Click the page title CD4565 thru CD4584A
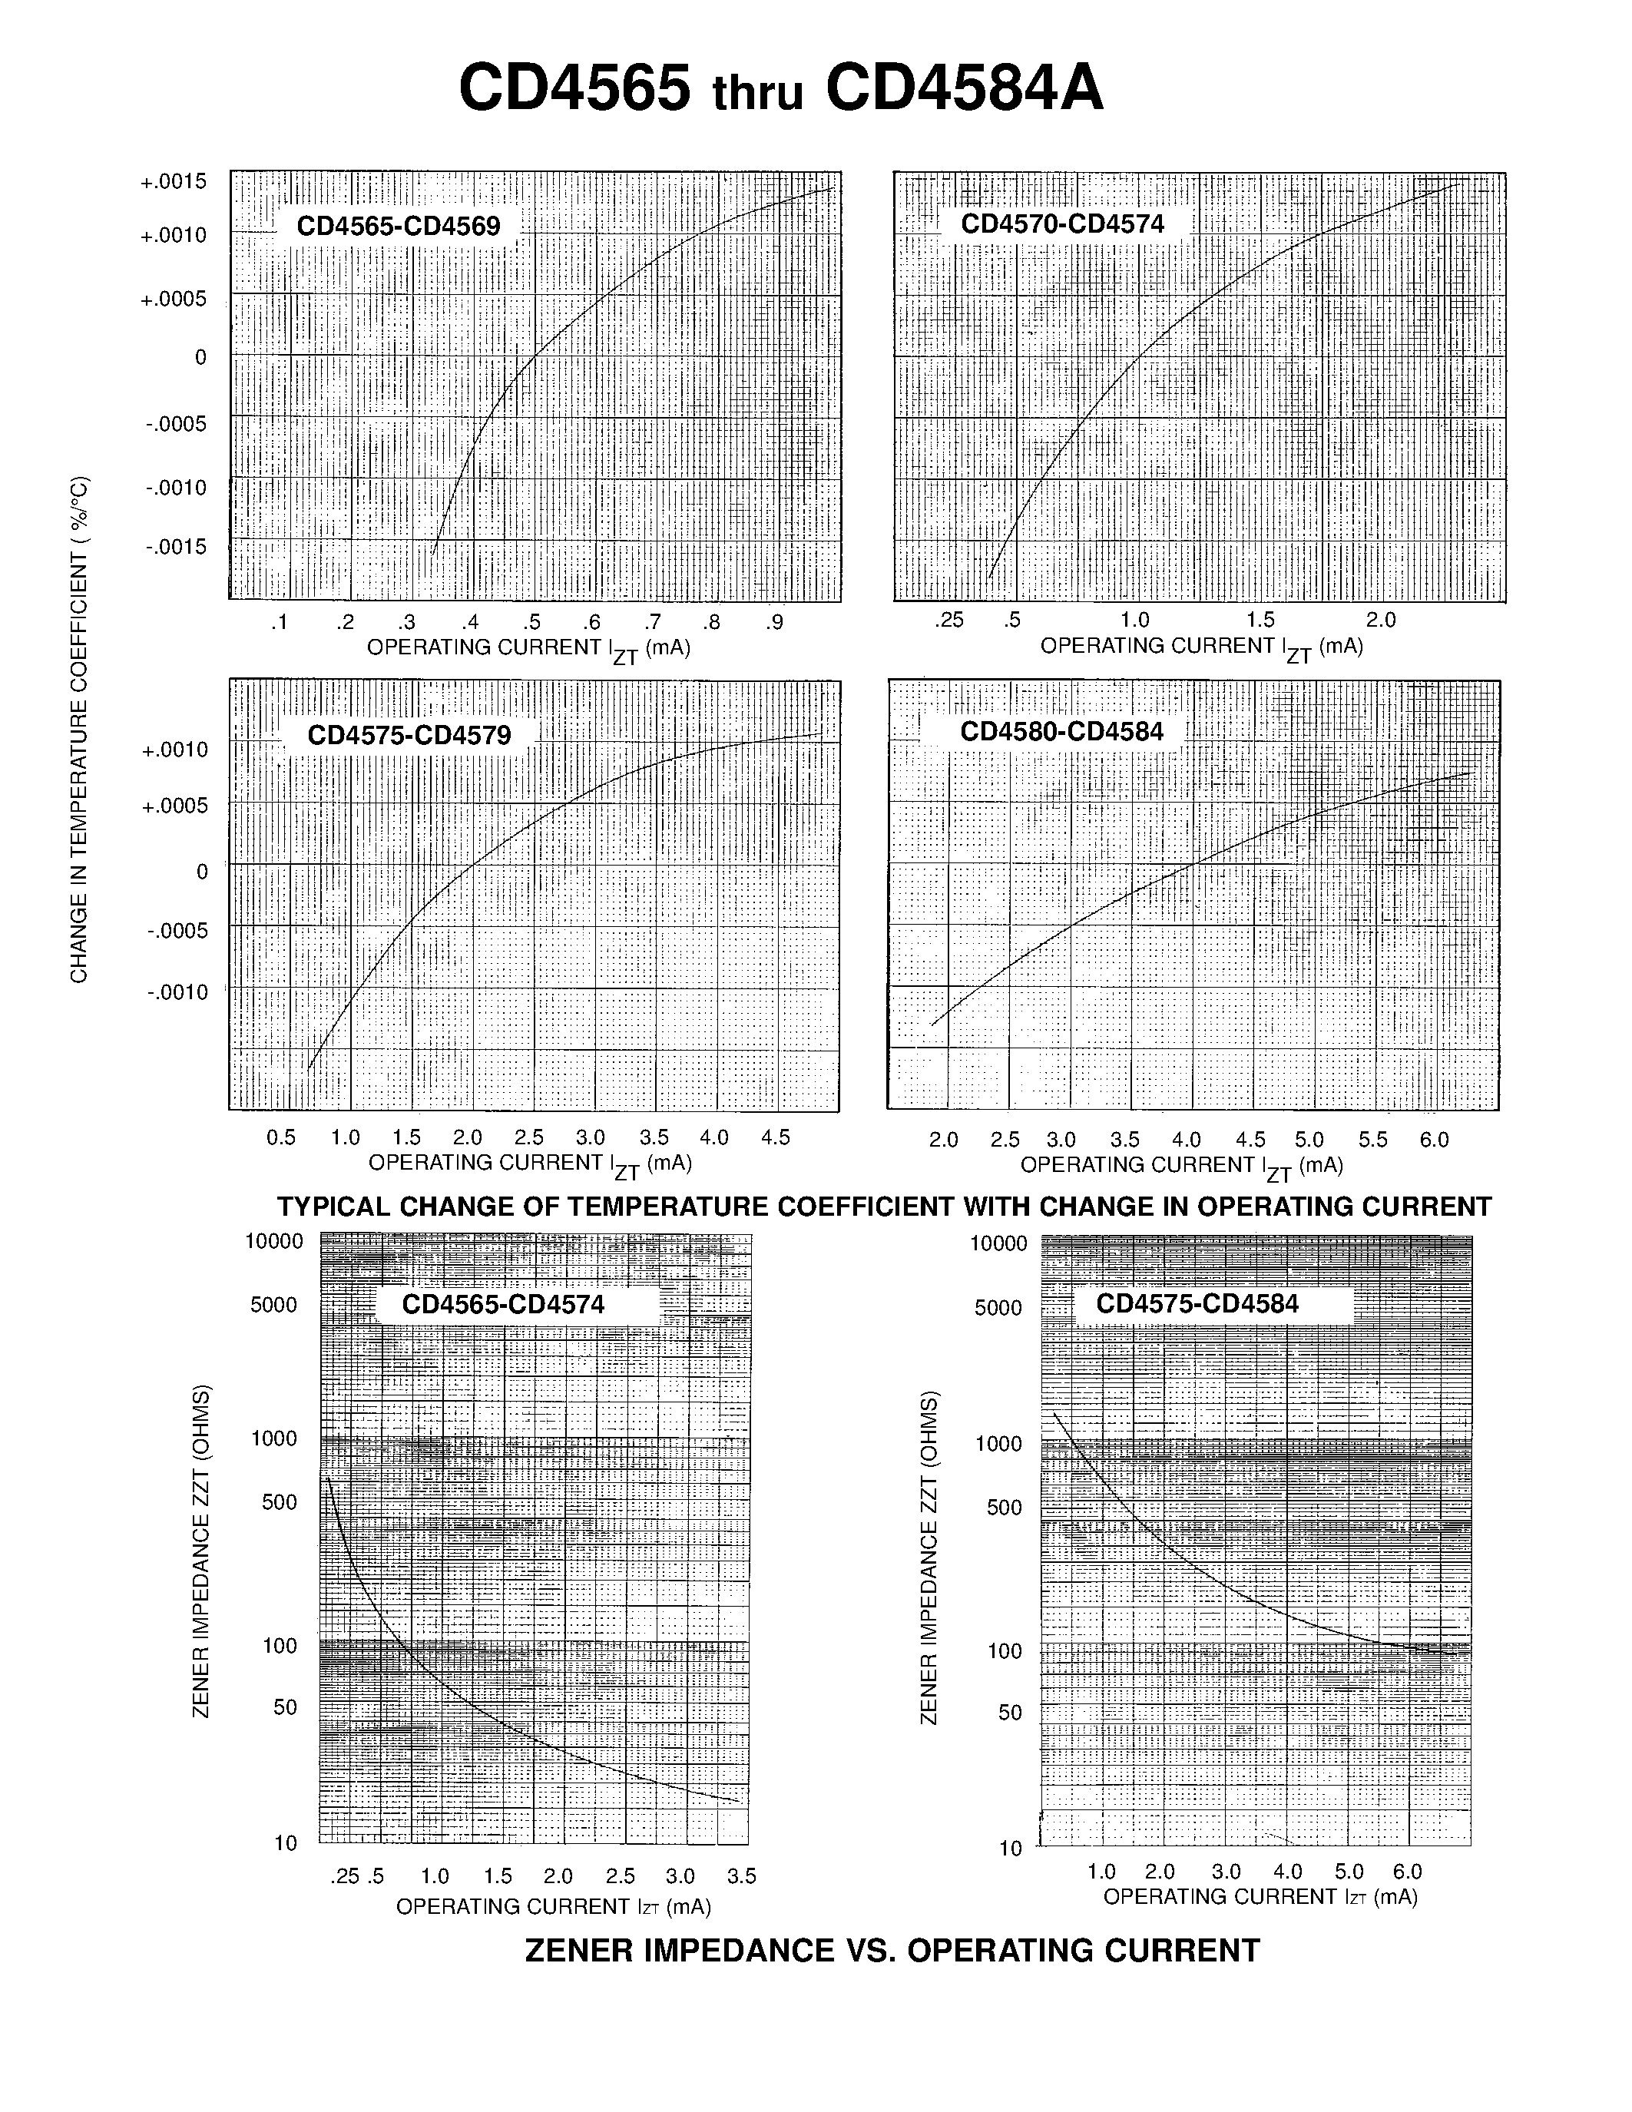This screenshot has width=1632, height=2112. (x=780, y=89)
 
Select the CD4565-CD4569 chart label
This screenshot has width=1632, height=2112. (x=399, y=227)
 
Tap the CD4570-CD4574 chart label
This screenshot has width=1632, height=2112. (x=1063, y=224)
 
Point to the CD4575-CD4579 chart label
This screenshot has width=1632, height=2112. (x=409, y=735)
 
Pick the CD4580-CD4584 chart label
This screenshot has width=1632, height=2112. (x=1061, y=732)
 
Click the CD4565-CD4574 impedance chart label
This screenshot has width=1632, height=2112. (x=503, y=1305)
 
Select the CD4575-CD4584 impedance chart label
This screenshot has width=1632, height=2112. (x=1197, y=1303)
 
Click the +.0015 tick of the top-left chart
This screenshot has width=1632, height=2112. (x=174, y=182)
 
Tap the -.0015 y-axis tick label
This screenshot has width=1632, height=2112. (x=176, y=548)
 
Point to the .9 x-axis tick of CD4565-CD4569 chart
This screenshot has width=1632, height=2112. (x=774, y=623)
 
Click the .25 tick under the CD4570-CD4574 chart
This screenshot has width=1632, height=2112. (x=949, y=620)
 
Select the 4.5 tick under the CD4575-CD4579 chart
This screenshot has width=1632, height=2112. (x=776, y=1137)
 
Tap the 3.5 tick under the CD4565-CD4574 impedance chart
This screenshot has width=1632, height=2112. (x=742, y=1876)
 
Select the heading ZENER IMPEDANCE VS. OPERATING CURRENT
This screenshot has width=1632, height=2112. (x=892, y=1949)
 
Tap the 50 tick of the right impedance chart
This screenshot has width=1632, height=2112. (x=1009, y=1713)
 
